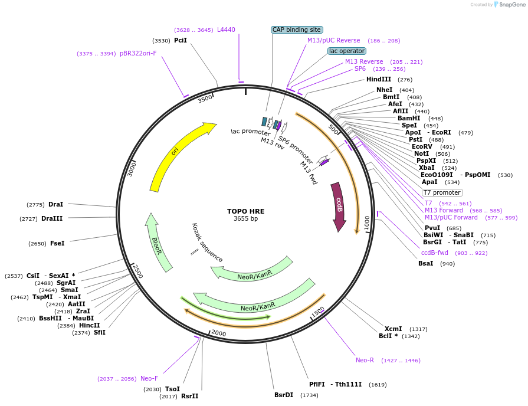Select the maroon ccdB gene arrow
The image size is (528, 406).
(x=339, y=206)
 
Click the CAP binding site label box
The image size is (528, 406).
(x=297, y=30)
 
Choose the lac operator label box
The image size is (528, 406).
(x=346, y=51)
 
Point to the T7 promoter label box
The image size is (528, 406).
(x=442, y=192)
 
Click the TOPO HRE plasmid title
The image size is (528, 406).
(x=246, y=211)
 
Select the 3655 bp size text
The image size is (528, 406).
(x=245, y=219)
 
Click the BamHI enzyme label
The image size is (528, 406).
(x=409, y=118)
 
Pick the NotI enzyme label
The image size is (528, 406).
(x=421, y=153)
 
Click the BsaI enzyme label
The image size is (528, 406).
(x=425, y=263)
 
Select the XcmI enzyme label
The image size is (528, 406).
(x=393, y=329)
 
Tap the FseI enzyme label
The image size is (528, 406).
(x=57, y=243)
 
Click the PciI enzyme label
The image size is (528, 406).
(x=181, y=40)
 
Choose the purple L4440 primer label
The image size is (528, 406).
(x=226, y=30)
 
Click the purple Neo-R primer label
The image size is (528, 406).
(x=365, y=360)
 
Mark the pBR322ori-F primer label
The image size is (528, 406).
(x=138, y=53)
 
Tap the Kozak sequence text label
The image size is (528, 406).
(x=208, y=243)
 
